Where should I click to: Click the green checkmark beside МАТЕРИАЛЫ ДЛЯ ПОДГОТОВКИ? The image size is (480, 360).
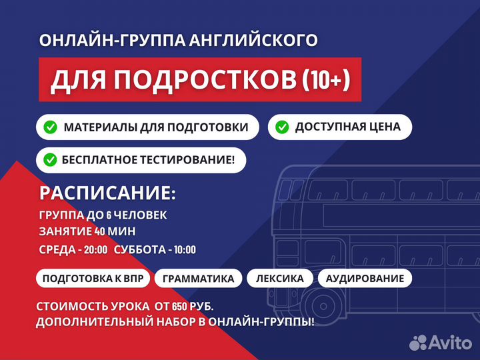[50, 127]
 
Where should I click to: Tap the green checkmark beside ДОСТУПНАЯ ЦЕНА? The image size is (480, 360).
[282, 127]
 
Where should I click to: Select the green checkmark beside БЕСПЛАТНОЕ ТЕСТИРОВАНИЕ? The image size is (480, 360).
[50, 160]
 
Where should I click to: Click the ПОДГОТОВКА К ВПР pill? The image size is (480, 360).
[93, 278]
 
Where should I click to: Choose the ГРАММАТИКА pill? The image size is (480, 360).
[198, 278]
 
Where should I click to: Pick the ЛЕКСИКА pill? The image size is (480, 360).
[279, 278]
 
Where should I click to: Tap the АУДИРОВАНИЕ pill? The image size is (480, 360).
[364, 278]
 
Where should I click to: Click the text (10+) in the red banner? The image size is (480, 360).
[326, 80]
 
